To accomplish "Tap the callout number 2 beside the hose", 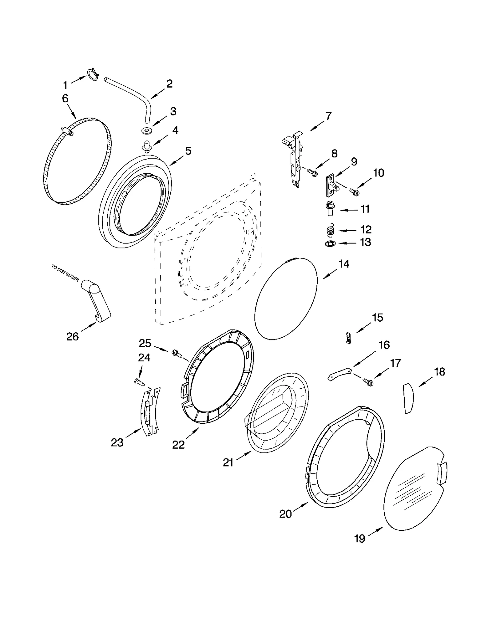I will pos(169,84).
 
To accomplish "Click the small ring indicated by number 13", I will pos(330,244).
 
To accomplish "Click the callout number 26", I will pos(73,337).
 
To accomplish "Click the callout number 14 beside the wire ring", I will pos(344,264).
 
